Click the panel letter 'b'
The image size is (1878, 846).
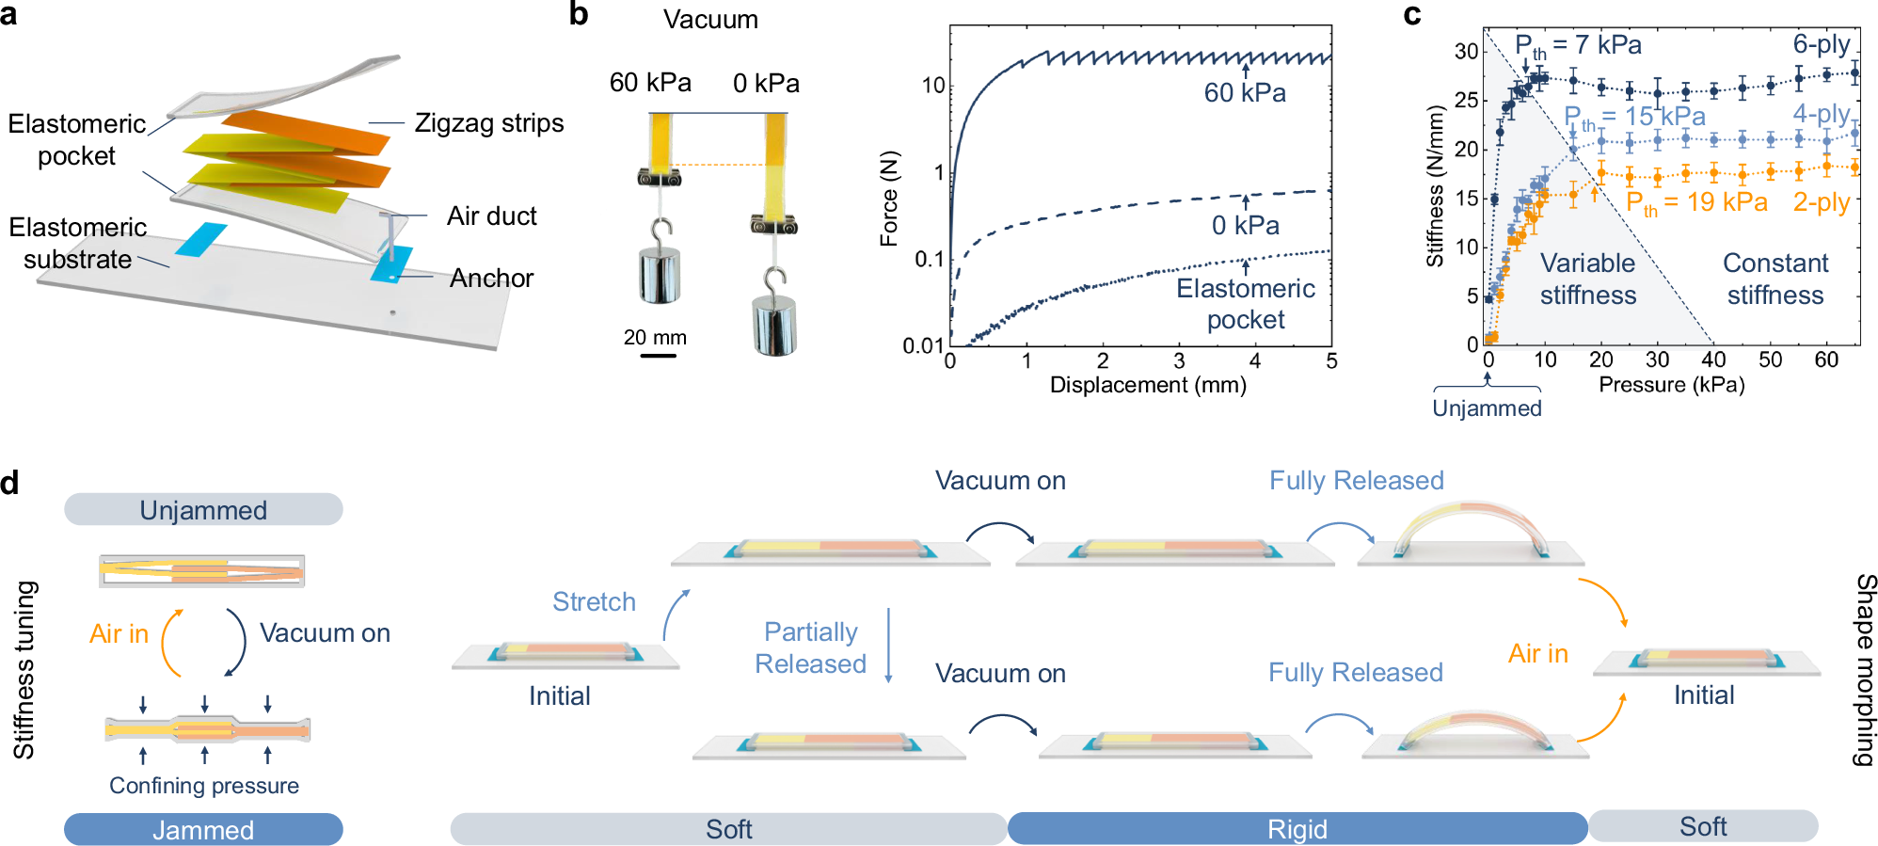(579, 14)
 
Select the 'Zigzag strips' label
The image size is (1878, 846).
(489, 123)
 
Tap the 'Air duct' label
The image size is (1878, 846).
(491, 216)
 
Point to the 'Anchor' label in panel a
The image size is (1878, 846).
(491, 279)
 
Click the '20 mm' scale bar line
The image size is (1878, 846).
(658, 356)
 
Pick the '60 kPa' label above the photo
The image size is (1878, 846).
(650, 83)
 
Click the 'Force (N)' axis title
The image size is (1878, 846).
(889, 199)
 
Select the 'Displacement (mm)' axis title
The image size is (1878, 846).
(1148, 385)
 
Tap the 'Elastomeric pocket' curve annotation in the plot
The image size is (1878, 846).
(1246, 304)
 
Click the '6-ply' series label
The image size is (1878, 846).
(1822, 44)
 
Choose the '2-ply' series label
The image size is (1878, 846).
(1822, 202)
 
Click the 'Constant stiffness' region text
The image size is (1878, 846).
(1775, 279)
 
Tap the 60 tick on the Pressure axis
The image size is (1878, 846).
(1826, 359)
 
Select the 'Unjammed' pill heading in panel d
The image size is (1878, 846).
(203, 510)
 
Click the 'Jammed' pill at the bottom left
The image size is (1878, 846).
(203, 830)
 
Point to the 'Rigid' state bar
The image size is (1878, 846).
(1297, 829)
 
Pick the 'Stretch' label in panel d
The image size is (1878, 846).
(594, 602)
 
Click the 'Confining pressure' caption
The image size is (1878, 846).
(204, 786)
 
